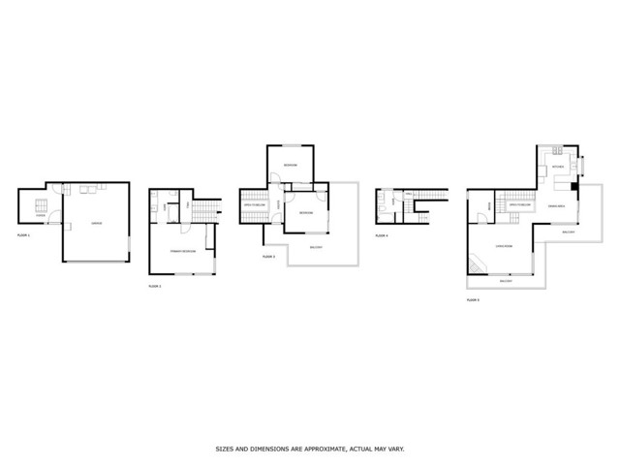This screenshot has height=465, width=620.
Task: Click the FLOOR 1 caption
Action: pyautogui.click(x=24, y=235)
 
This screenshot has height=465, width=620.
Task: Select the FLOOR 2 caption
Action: pyautogui.click(x=154, y=286)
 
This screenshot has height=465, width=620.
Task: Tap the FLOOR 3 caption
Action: pyautogui.click(x=268, y=257)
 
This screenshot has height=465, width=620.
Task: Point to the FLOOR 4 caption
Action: pyautogui.click(x=382, y=235)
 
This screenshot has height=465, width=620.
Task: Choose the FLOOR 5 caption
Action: pyautogui.click(x=473, y=301)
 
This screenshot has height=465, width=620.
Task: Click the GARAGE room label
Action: pyautogui.click(x=96, y=224)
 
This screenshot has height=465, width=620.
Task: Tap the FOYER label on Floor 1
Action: pyautogui.click(x=41, y=216)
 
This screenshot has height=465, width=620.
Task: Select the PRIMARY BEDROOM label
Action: pyautogui.click(x=183, y=251)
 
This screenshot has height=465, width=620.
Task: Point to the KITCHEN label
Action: pyautogui.click(x=557, y=167)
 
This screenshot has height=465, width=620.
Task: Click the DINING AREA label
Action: pyautogui.click(x=558, y=205)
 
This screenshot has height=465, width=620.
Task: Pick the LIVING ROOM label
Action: pyautogui.click(x=504, y=246)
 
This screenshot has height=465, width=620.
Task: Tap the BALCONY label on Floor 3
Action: pyautogui.click(x=316, y=248)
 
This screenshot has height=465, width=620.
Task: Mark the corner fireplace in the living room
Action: pyautogui.click(x=475, y=265)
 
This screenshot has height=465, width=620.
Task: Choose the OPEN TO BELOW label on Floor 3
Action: pyautogui.click(x=255, y=205)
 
